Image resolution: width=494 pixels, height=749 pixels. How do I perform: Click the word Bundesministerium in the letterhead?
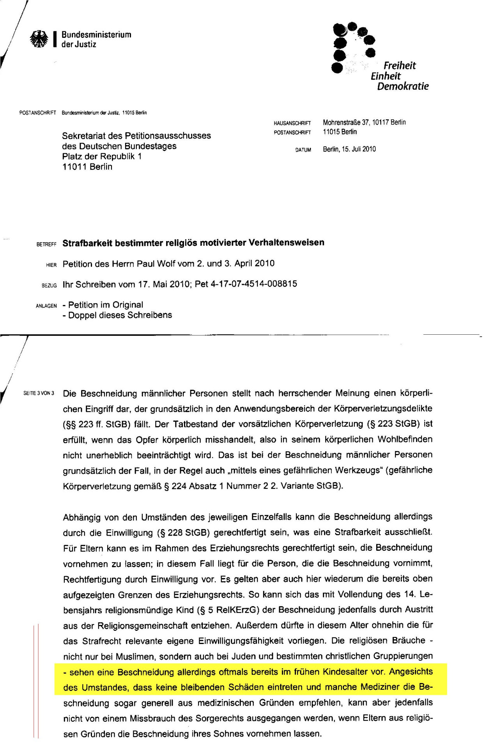pos(96,35)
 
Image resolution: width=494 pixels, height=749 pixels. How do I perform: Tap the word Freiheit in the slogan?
pos(399,66)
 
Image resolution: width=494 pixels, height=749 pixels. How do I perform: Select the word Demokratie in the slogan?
pos(402,86)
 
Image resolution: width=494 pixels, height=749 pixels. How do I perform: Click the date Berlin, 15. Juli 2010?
pos(349,149)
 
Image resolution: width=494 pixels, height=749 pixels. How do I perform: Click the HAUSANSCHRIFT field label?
pos(292,123)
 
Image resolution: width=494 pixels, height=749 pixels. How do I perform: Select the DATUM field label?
pos(303,150)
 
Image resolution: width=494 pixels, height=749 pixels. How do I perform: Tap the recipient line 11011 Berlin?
pos(87,167)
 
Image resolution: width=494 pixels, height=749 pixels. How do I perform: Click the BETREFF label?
pos(46,245)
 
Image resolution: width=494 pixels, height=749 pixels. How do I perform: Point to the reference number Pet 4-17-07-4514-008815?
pos(246,284)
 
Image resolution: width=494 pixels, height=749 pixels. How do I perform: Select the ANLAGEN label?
pos(46,306)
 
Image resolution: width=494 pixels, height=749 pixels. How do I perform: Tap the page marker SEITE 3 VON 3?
pos(39,393)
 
